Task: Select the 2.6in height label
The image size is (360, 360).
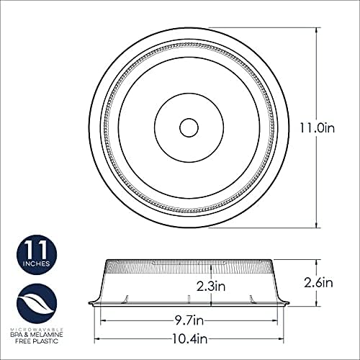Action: [x=319, y=283]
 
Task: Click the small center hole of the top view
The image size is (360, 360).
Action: [x=188, y=128]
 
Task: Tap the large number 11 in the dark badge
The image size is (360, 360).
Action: [x=35, y=250]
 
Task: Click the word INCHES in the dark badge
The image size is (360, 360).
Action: [x=35, y=266]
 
